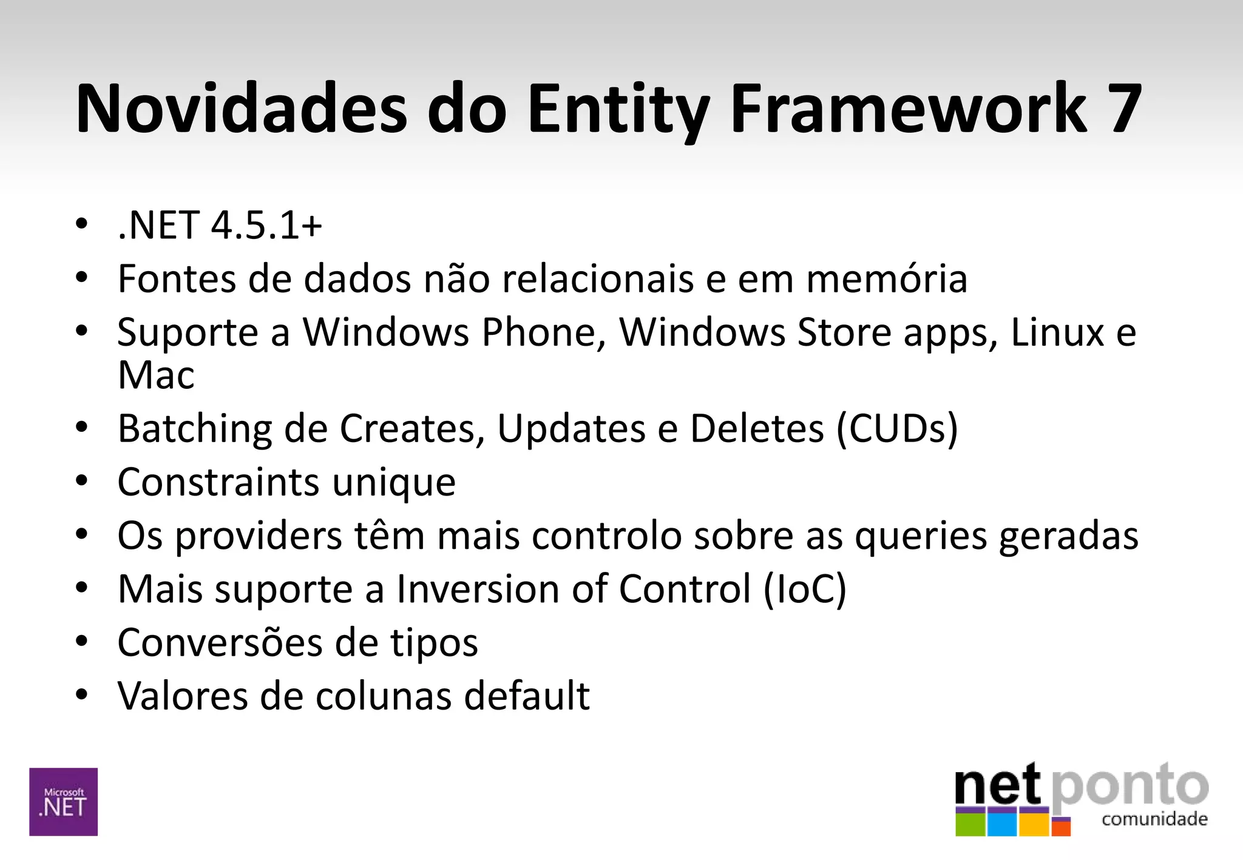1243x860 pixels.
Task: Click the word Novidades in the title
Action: [241, 109]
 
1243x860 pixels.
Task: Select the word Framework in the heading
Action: [908, 109]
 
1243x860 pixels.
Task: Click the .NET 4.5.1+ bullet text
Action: [220, 226]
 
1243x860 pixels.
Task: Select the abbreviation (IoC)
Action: [805, 589]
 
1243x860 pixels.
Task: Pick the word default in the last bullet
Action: [527, 696]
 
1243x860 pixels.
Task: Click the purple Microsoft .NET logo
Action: [64, 802]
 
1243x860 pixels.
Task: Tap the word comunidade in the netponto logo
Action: [1154, 820]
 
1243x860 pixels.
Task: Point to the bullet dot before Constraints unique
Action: [82, 481]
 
